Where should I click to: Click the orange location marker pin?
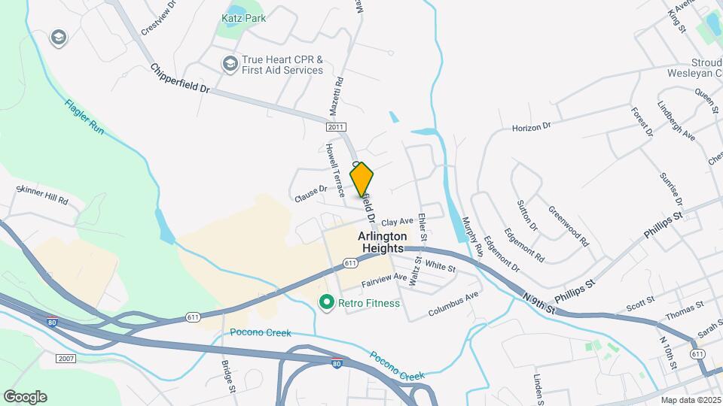361,179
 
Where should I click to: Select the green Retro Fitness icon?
326,303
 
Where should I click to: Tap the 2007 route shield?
66,359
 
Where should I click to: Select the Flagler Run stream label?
84,117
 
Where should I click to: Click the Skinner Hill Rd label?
42,196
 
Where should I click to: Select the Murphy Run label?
471,235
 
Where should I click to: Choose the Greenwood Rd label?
568,226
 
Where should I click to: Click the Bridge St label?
229,377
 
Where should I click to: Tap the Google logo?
25,397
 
